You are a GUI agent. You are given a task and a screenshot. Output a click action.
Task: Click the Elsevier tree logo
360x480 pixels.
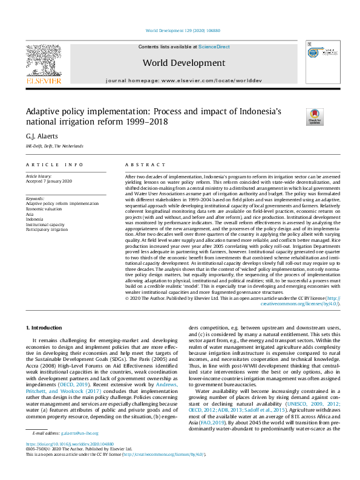point(43,61)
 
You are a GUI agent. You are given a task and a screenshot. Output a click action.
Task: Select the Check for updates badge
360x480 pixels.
point(315,117)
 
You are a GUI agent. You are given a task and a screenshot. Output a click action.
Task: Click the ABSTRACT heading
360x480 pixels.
point(145,164)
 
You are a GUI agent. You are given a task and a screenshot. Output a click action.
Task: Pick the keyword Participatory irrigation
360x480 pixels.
point(46,229)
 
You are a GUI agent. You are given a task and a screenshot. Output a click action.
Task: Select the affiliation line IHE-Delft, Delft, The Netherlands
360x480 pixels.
point(54,146)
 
